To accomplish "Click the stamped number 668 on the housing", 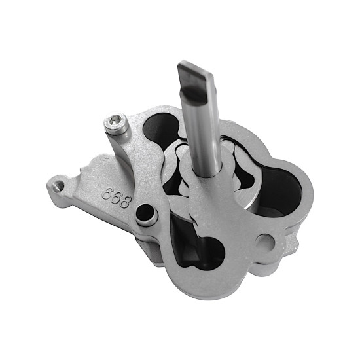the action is [x=117, y=198].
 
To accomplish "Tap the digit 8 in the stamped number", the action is [x=126, y=202].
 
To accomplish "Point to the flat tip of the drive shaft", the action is [x=196, y=68].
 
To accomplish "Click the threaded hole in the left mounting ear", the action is [x=58, y=185].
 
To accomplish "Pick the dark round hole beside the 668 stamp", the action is [x=145, y=212].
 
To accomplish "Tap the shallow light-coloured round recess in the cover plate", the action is [x=264, y=242].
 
